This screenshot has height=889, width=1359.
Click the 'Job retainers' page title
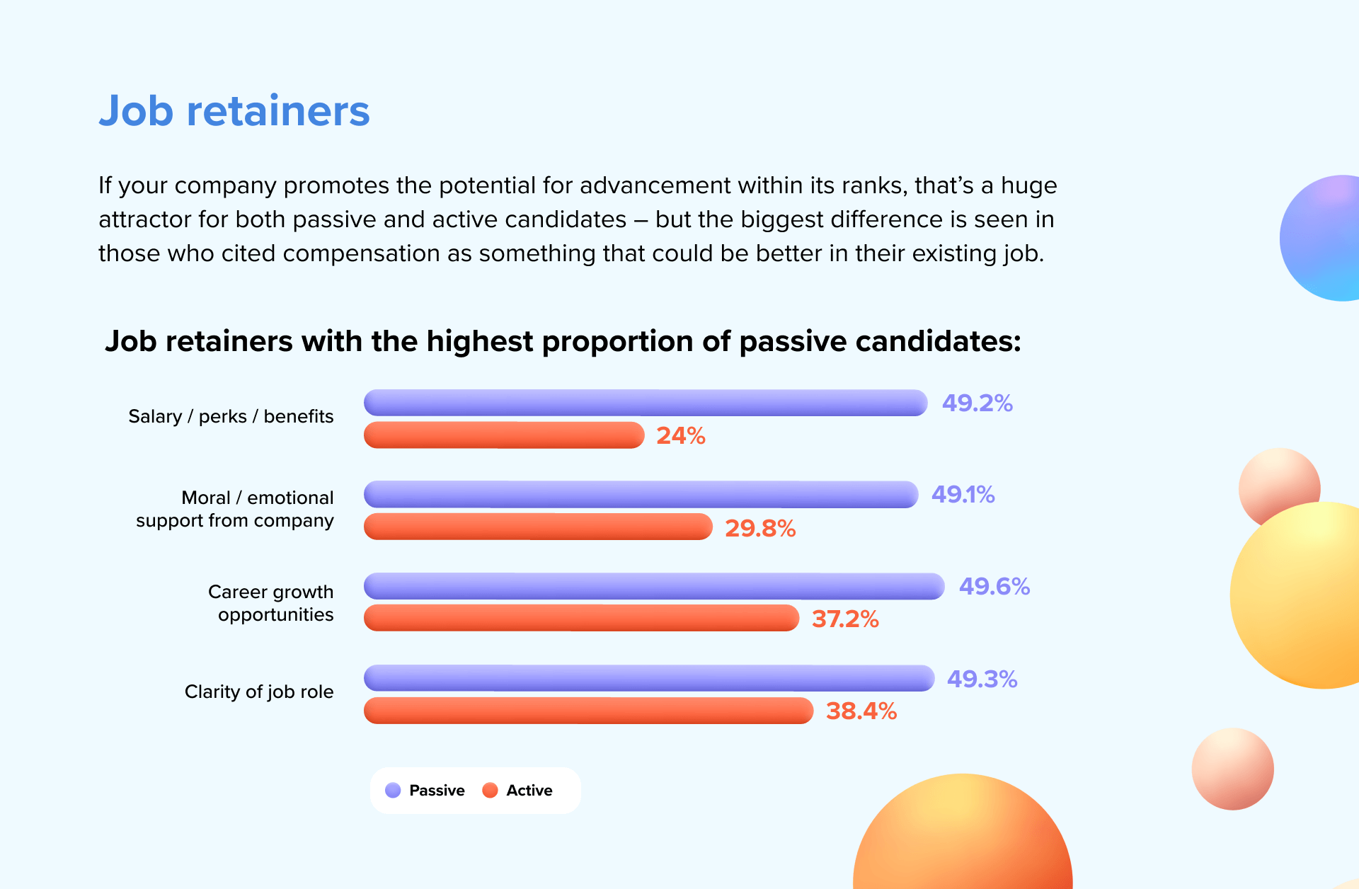pos(234,111)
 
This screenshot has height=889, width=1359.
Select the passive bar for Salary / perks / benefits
pos(646,403)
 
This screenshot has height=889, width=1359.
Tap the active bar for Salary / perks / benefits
pos(504,435)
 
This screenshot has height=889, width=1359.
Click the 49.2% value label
pos(977,403)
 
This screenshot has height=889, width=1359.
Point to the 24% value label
pos(681,436)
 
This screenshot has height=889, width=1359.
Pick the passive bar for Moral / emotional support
pos(641,495)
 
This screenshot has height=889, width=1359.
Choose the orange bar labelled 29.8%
pos(538,527)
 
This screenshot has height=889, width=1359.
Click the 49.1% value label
pos(963,495)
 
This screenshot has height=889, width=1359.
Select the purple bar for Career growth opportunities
pos(654,586)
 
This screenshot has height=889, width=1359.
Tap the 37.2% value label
pos(845,619)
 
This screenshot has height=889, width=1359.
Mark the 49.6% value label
pos(994,587)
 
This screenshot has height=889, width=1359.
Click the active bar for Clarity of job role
pos(589,711)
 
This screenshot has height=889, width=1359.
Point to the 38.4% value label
pos(861,711)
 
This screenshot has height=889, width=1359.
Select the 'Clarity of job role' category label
pos(259,692)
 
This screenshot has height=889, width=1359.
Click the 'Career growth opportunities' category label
pos(270,603)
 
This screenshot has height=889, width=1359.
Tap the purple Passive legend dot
pos(393,791)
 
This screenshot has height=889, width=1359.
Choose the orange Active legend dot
pos(490,791)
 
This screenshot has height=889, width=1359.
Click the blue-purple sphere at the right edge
pos(1321,238)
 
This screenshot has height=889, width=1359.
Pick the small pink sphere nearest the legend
pos(1232,769)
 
